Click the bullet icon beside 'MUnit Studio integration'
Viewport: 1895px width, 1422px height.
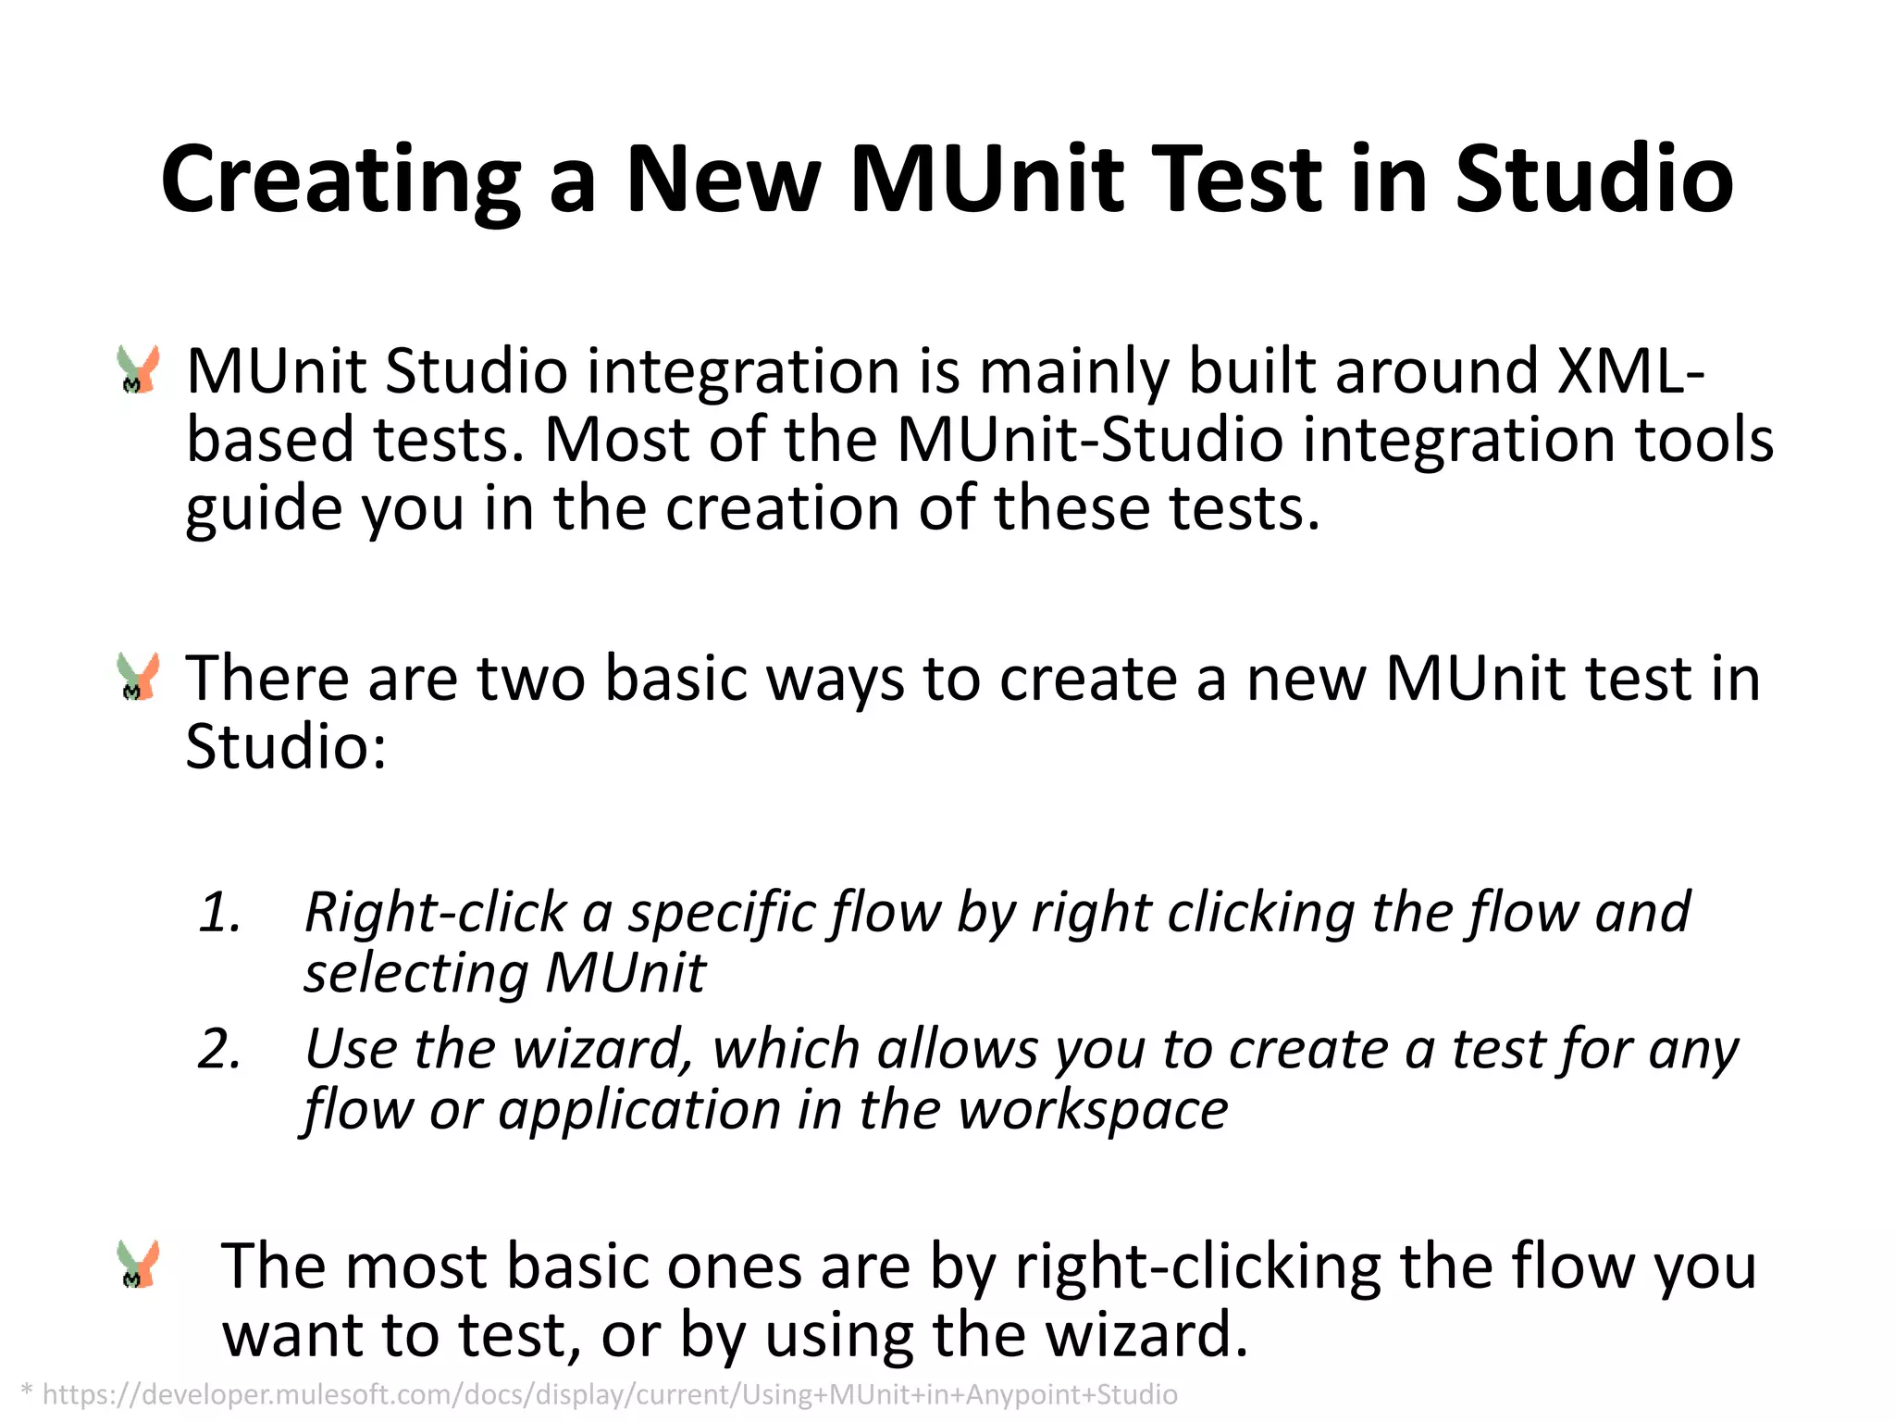(139, 370)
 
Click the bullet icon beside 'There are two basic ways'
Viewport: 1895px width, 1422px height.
(139, 677)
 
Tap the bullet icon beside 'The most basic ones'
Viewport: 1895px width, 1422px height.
(139, 1265)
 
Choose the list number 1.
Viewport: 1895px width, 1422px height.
(219, 912)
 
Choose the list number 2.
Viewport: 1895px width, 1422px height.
(219, 1049)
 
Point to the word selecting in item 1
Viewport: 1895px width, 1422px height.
(416, 974)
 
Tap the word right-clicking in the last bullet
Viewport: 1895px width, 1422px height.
(1197, 1266)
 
